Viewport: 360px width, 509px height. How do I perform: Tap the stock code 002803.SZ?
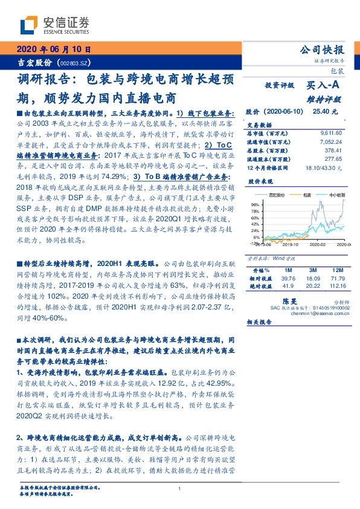coord(74,63)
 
